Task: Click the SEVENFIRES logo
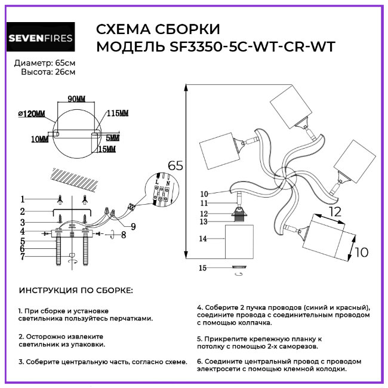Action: point(41,39)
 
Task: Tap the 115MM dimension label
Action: point(118,113)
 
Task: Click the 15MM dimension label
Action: point(107,149)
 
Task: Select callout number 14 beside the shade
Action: point(204,239)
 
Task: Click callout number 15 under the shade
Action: point(204,268)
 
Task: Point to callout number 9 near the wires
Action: point(133,226)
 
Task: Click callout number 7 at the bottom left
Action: point(22,257)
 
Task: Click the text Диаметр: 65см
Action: point(45,63)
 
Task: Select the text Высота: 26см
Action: point(48,72)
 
